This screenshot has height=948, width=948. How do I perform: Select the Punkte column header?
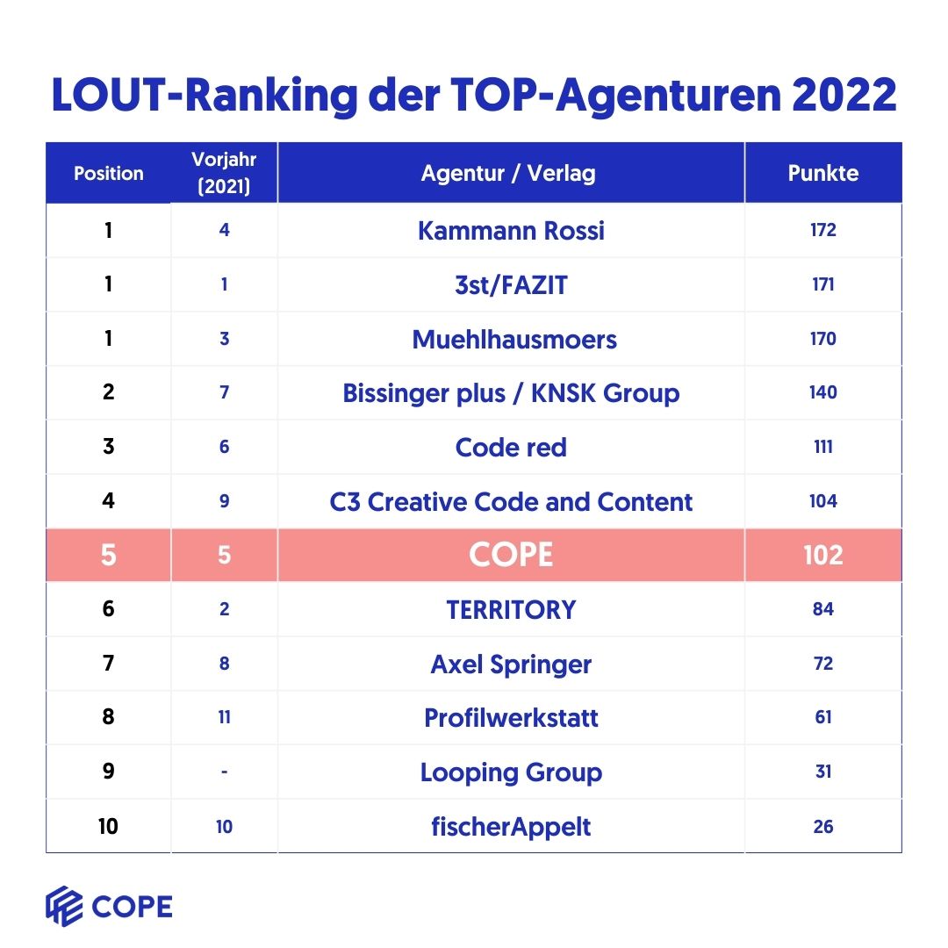(822, 173)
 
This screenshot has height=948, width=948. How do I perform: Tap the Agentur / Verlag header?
(508, 173)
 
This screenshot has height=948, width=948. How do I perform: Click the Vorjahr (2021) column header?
(224, 173)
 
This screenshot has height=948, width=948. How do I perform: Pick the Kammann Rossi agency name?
(511, 231)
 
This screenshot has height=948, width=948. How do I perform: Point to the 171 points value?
(822, 285)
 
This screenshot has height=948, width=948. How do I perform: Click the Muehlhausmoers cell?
(514, 340)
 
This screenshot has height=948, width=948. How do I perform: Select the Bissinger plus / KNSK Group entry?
(511, 393)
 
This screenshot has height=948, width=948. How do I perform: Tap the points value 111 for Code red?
(822, 448)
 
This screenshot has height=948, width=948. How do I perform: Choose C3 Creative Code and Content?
(511, 502)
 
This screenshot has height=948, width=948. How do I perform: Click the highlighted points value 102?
(822, 555)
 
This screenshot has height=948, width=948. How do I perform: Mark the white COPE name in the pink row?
(511, 555)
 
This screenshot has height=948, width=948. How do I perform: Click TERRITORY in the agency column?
(511, 610)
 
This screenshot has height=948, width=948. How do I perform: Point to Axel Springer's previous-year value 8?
(224, 664)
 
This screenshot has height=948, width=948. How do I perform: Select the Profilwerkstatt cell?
(511, 718)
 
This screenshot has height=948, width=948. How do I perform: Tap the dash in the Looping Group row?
(224, 772)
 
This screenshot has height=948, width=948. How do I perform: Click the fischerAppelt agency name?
(511, 827)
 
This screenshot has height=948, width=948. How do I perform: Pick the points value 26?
(822, 827)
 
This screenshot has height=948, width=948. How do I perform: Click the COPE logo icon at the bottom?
(64, 907)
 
